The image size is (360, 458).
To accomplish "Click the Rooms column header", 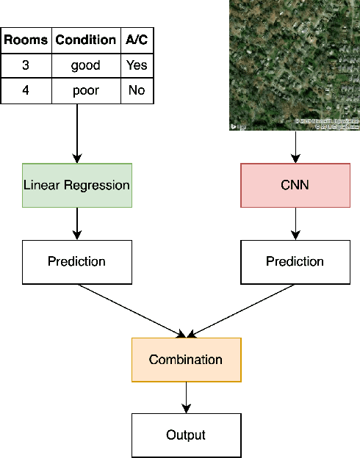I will point(26,40).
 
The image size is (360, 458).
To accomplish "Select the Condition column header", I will point(86,40).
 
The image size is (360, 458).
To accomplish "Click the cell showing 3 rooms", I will point(26,65).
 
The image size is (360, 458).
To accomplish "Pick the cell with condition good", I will point(86,65).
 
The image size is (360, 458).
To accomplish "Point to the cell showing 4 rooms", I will point(26,91).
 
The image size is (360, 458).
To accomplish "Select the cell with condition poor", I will point(86,91).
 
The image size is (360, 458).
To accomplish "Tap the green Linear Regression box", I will point(76,185).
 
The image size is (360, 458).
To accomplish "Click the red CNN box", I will point(295,185).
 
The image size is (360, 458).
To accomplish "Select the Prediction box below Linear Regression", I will point(76,261).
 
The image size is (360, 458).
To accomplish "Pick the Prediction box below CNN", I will point(295,261).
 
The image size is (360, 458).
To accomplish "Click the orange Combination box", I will point(186,360).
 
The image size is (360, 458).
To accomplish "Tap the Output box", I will point(186,435).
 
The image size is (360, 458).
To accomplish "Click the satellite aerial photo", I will point(295,65).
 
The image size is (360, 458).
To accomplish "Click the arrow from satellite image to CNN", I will point(295,148).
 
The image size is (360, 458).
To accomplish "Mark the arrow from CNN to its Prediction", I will point(295,223).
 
